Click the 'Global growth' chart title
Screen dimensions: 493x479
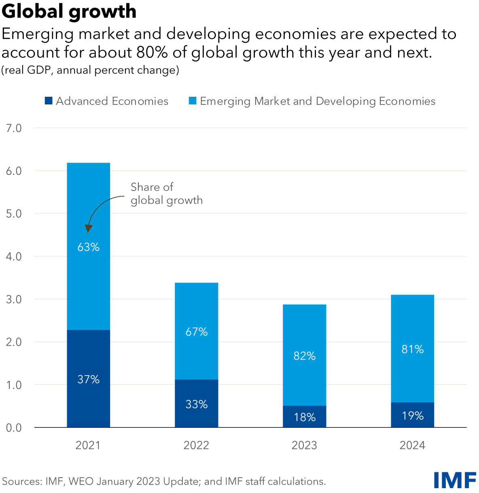[x=69, y=11]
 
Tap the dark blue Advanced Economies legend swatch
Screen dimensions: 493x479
[x=49, y=101]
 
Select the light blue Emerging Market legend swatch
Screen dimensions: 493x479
[x=193, y=101]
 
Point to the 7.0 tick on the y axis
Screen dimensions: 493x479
[x=14, y=128]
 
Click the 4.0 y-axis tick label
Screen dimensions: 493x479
[x=14, y=257]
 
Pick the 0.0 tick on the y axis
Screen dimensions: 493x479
[x=14, y=428]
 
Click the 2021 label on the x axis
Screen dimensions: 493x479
[x=88, y=445]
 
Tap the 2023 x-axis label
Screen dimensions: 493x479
[x=304, y=445]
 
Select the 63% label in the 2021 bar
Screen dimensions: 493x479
[x=89, y=247]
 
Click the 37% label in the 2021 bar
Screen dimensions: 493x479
[x=89, y=379]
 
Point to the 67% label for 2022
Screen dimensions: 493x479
[x=197, y=332]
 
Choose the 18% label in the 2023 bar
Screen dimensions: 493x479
[x=305, y=417]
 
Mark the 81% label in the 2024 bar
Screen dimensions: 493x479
[x=413, y=349]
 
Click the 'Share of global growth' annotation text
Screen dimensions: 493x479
[x=166, y=193]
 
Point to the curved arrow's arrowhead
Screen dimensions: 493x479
[x=89, y=229]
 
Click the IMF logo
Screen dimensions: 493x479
[x=455, y=480]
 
